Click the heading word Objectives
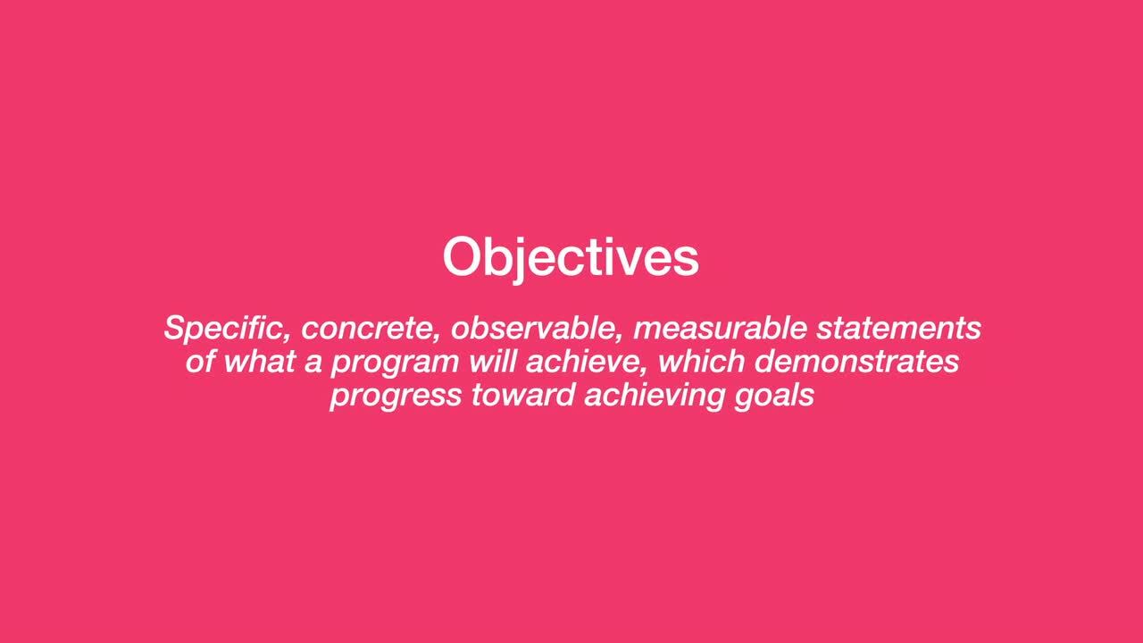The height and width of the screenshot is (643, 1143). (571, 257)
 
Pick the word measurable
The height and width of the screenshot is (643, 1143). (720, 329)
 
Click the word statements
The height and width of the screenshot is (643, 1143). (899, 329)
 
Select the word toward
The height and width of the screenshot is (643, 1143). (521, 394)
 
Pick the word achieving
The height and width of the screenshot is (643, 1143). (655, 396)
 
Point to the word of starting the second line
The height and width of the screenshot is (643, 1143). (200, 361)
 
